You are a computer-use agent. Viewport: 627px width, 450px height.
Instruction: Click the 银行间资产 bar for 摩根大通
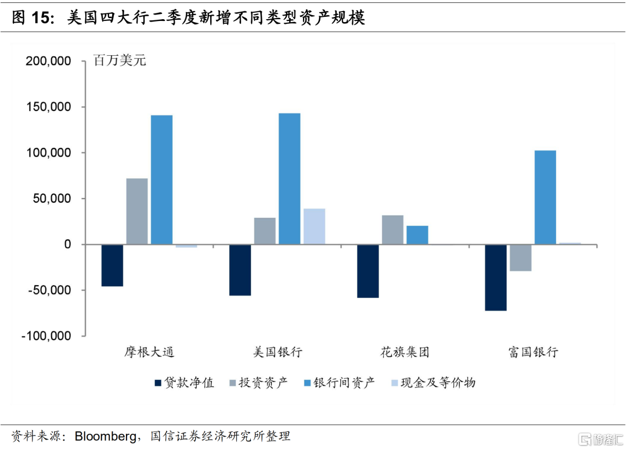click(161, 179)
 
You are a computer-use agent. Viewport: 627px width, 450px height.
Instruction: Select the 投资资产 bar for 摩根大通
click(137, 211)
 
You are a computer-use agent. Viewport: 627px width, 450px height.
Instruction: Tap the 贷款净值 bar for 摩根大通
click(112, 265)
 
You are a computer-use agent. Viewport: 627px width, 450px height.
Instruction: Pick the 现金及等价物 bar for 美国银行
click(314, 226)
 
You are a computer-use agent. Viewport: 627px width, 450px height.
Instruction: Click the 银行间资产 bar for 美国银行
click(289, 178)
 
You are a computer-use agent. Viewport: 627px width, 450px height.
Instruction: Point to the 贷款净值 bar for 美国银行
click(240, 270)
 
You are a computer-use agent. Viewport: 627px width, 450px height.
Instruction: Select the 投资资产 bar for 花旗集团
click(392, 230)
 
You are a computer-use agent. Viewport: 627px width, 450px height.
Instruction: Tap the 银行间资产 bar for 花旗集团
click(417, 235)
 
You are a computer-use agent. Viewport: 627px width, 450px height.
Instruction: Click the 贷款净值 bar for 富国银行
click(496, 278)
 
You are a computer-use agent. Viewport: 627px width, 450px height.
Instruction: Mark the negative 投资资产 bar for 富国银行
click(521, 258)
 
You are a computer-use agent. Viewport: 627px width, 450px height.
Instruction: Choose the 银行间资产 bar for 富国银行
click(545, 197)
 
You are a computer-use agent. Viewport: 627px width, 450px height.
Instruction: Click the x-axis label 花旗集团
click(405, 352)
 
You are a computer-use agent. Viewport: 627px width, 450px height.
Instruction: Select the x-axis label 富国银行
click(532, 352)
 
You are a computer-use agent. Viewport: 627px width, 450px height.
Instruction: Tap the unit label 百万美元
click(120, 60)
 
